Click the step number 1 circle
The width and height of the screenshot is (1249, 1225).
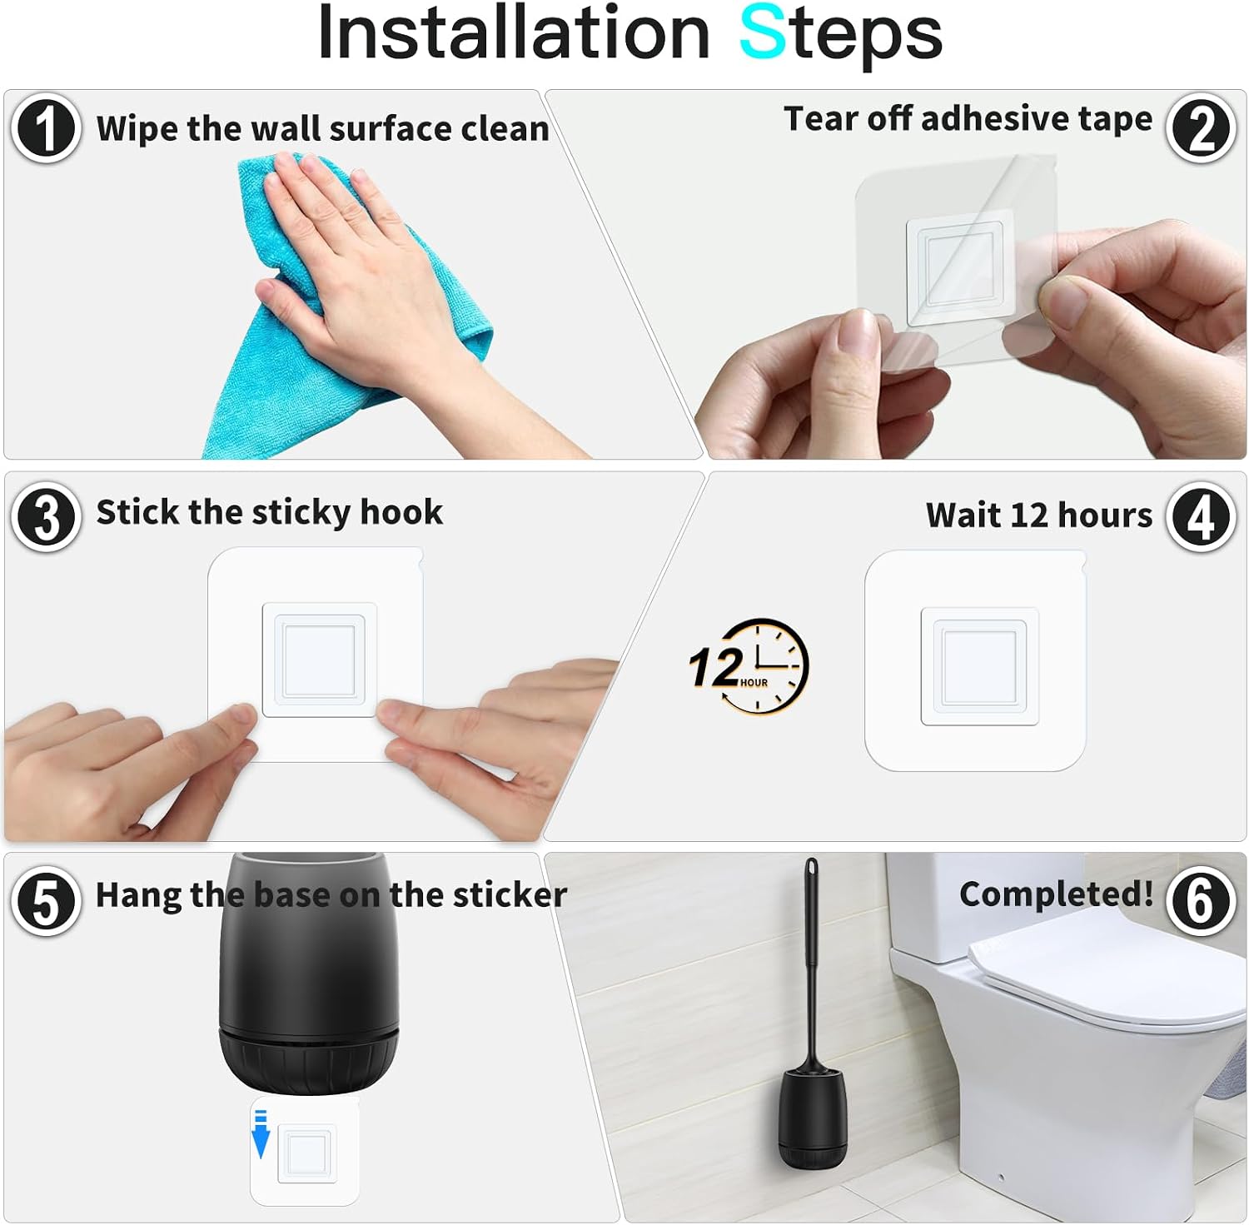click(46, 128)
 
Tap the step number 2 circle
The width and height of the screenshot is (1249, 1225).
click(1200, 128)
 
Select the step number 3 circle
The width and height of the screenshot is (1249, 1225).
click(46, 516)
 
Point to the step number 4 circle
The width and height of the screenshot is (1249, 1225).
click(1200, 516)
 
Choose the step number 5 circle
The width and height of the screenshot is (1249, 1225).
click(46, 901)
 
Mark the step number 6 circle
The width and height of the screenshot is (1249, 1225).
click(1200, 901)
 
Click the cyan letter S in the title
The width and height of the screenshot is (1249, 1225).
click(763, 32)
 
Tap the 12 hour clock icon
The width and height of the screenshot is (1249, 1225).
click(749, 666)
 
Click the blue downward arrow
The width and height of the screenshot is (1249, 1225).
click(261, 1133)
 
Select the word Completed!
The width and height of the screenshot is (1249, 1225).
click(1057, 894)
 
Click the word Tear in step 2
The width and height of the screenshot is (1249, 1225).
click(821, 118)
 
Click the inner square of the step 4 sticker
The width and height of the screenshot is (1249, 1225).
click(979, 666)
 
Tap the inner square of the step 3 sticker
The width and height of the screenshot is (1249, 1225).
click(320, 660)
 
